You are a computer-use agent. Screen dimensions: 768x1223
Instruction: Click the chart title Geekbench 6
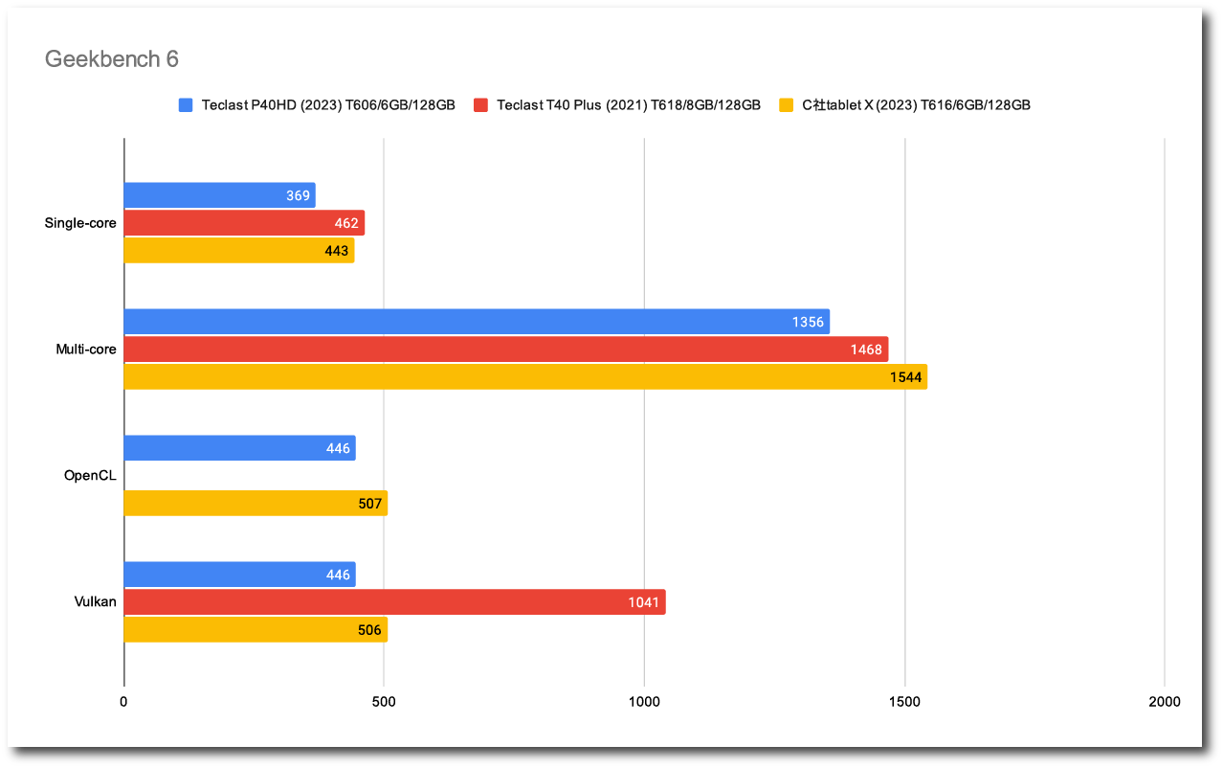point(112,59)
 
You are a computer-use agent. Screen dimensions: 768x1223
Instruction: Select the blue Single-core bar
point(219,195)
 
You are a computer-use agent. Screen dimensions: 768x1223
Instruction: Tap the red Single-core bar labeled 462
point(244,223)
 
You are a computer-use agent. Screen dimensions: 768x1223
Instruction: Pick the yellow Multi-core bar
point(525,377)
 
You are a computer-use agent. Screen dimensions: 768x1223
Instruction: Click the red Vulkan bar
point(394,602)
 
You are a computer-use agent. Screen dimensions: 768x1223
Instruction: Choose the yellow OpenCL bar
point(256,504)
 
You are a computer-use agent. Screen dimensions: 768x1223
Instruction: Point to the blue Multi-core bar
point(477,322)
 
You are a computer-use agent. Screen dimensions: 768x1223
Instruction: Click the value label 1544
point(905,377)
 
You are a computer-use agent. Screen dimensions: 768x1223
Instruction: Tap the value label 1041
point(643,602)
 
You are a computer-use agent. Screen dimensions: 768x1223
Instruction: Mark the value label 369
point(298,196)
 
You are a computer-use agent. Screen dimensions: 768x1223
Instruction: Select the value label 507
point(368,504)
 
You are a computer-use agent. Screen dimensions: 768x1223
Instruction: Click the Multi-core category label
point(86,350)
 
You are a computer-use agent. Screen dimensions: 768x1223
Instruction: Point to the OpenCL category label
point(90,475)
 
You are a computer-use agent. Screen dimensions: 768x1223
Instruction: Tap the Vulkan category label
point(95,601)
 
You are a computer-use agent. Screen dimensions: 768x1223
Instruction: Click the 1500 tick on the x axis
point(904,702)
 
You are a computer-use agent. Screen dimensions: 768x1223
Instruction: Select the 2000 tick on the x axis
point(1165,702)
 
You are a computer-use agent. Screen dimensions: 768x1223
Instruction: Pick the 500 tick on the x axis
point(384,702)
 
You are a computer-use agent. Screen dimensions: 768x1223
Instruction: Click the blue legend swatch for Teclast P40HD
point(186,105)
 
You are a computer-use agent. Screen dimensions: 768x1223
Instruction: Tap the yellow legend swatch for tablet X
point(788,105)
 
